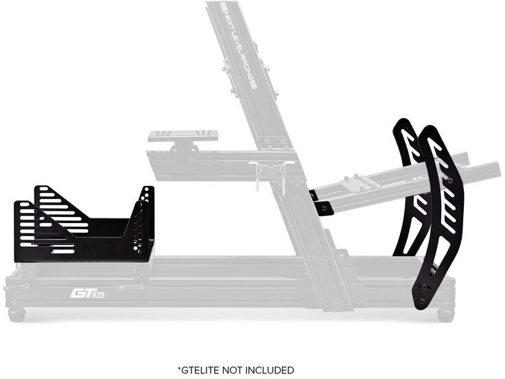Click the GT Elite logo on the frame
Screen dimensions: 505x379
point(86,293)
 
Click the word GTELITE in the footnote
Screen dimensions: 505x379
point(204,370)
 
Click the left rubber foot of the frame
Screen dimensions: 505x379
point(16,314)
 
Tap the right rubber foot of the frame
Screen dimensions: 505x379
point(445,315)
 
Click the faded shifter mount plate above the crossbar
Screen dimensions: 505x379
point(183,136)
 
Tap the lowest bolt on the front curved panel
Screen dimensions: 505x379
point(422,301)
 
